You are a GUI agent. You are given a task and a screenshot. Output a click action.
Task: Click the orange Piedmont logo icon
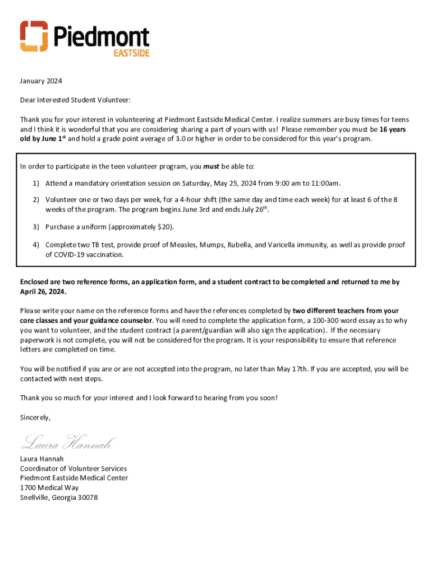34,36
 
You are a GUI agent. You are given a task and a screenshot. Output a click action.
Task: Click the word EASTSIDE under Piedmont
131,52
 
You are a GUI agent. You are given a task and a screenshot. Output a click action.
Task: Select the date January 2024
41,81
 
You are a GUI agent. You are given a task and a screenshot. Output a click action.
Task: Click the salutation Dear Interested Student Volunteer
75,101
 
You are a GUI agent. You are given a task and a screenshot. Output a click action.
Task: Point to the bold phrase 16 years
393,129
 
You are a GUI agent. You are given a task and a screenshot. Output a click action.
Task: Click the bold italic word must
210,167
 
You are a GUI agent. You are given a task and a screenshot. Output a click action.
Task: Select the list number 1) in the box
35,183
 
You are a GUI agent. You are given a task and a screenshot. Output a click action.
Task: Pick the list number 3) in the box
35,227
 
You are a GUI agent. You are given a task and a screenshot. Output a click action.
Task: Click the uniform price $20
166,227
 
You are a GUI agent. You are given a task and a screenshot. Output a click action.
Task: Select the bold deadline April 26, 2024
43,292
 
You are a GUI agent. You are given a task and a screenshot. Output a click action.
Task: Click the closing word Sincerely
35,418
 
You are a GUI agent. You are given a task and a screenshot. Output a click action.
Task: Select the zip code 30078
88,498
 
